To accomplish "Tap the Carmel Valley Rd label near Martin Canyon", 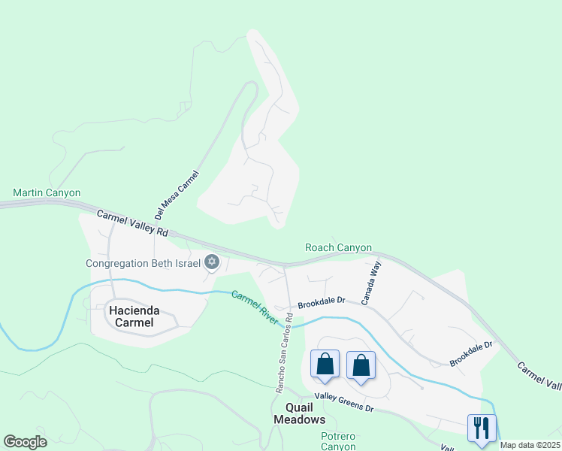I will click(133, 225).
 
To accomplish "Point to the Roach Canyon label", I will click(338, 247).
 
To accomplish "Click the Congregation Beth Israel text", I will click(143, 263).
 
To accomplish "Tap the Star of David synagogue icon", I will click(212, 262).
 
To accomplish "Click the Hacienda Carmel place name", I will click(131, 316).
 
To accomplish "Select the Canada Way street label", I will click(371, 283).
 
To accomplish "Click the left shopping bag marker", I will click(325, 365).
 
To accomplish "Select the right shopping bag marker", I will click(361, 366).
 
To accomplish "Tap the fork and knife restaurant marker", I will click(482, 428).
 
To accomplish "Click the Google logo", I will click(26, 441).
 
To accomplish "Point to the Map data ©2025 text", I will click(530, 445).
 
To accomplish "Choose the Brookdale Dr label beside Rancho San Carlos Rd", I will click(321, 303).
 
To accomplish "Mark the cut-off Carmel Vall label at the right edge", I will click(539, 375).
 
